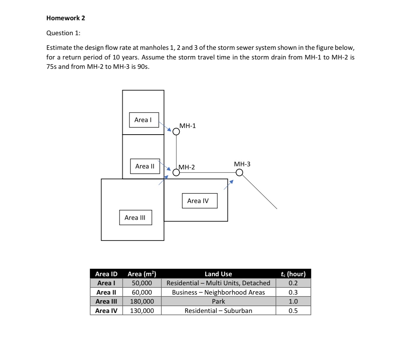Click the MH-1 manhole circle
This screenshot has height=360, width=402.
click(x=176, y=132)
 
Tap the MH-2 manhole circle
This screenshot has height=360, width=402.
click(x=176, y=173)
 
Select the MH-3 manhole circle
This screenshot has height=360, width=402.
click(x=239, y=173)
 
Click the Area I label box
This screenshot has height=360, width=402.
click(x=144, y=120)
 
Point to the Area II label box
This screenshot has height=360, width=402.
click(x=145, y=166)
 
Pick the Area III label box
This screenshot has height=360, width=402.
click(x=135, y=217)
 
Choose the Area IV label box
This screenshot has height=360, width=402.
click(x=199, y=201)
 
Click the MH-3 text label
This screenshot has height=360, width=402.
click(x=242, y=164)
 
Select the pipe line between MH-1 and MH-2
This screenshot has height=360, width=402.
click(x=176, y=152)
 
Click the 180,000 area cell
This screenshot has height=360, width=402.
click(x=142, y=301)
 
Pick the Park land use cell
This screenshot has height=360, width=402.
click(x=218, y=301)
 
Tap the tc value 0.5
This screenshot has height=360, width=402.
click(x=293, y=310)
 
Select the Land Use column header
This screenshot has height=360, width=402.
click(x=218, y=274)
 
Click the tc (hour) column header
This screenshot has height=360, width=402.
click(x=293, y=274)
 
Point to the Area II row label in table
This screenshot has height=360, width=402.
click(x=106, y=292)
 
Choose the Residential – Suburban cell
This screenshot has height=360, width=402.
click(x=218, y=310)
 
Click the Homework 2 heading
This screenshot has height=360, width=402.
click(x=66, y=18)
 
